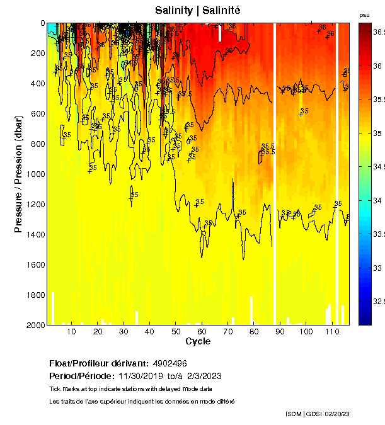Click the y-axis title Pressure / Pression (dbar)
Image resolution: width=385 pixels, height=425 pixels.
(x=18, y=173)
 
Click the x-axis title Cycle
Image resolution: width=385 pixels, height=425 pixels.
(x=198, y=341)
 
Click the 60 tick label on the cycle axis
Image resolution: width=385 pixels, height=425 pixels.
(x=201, y=332)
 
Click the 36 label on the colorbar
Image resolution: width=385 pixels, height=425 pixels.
(x=379, y=65)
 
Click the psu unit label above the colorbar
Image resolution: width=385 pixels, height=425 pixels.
(x=364, y=14)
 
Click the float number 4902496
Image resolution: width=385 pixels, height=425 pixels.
(x=169, y=364)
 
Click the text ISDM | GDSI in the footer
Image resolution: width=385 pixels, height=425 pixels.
(x=304, y=414)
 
